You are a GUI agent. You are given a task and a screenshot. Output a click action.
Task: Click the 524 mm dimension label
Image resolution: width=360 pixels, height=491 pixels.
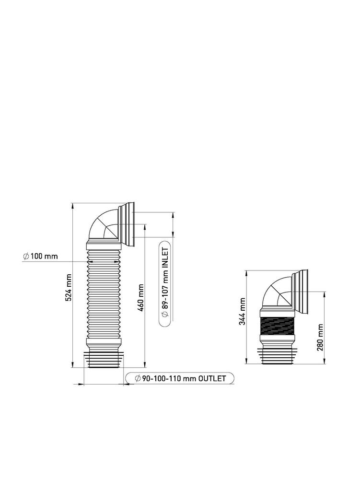[69, 288]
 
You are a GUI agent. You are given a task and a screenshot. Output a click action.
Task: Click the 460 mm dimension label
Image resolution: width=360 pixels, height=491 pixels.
[140, 297]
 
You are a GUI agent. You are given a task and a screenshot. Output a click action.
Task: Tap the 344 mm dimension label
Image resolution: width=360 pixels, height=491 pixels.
[242, 311]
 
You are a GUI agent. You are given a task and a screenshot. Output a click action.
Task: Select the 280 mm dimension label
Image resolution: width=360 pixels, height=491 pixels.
[320, 337]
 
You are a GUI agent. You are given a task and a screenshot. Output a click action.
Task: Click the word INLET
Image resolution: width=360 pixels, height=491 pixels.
[165, 257]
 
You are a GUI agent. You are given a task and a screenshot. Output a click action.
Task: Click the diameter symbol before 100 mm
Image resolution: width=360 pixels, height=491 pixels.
[26, 256]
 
